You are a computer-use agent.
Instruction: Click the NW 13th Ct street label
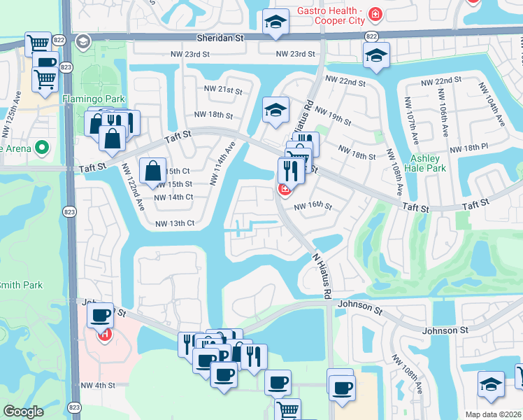[174, 223]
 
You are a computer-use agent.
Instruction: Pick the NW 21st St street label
[222, 90]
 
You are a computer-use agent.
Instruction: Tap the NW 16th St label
[312, 206]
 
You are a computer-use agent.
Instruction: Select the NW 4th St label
[97, 385]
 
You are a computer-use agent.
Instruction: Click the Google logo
[23, 412]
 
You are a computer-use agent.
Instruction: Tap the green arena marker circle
[41, 148]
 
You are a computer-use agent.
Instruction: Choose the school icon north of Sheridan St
[275, 22]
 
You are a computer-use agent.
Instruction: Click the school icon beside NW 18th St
[275, 110]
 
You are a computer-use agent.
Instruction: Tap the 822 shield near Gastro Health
[371, 36]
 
